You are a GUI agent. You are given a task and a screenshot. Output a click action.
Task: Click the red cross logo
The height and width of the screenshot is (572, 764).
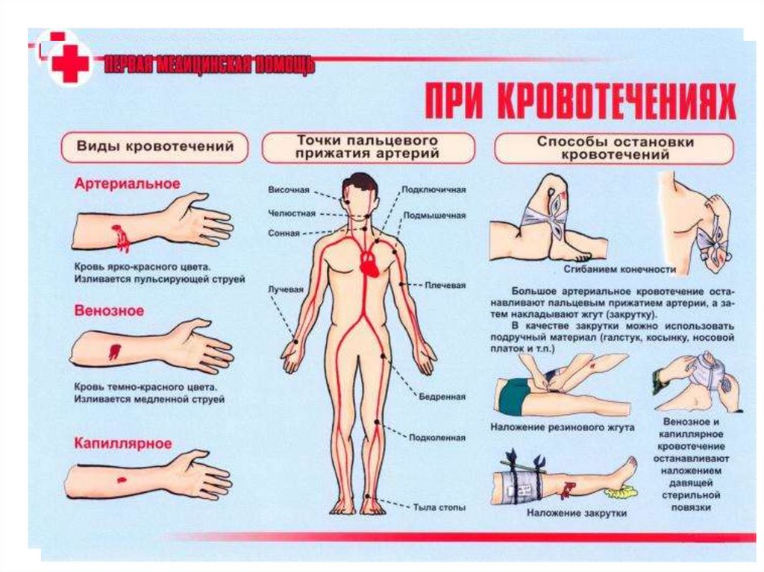[71, 63]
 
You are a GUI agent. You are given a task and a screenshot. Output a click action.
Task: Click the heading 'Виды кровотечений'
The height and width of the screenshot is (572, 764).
[155, 146]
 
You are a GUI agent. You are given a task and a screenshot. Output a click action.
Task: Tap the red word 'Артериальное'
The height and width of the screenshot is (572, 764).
[127, 183]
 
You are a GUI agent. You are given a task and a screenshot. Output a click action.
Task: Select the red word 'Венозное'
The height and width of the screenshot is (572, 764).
[109, 311]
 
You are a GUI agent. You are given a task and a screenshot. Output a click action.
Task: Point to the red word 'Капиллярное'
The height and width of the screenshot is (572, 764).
[123, 444]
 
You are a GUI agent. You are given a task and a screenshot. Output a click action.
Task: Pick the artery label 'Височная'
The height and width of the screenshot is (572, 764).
[289, 190]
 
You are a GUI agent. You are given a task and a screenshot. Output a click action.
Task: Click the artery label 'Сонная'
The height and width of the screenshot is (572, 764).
[284, 233]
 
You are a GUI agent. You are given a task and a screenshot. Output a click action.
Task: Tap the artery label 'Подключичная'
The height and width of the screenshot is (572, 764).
[433, 190]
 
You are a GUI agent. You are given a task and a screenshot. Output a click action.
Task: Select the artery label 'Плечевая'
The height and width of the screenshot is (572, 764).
[445, 286]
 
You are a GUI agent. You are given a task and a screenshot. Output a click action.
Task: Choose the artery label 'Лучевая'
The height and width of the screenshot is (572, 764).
[286, 289]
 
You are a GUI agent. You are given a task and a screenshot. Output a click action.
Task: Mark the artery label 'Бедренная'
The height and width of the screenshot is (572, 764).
[442, 397]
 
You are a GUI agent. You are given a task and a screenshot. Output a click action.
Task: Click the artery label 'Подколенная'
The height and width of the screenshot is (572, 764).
[437, 438]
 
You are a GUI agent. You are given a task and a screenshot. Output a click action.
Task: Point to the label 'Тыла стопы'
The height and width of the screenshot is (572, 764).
[439, 508]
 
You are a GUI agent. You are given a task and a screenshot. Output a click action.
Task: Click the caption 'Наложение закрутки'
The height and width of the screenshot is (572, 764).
[577, 513]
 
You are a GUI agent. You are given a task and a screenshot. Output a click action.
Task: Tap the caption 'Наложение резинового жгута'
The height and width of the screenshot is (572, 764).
[563, 428]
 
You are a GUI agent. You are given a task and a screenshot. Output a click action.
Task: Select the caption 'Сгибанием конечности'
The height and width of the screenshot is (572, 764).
[619, 269]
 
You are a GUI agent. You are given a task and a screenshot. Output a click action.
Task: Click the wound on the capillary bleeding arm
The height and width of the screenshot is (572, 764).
[121, 480]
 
